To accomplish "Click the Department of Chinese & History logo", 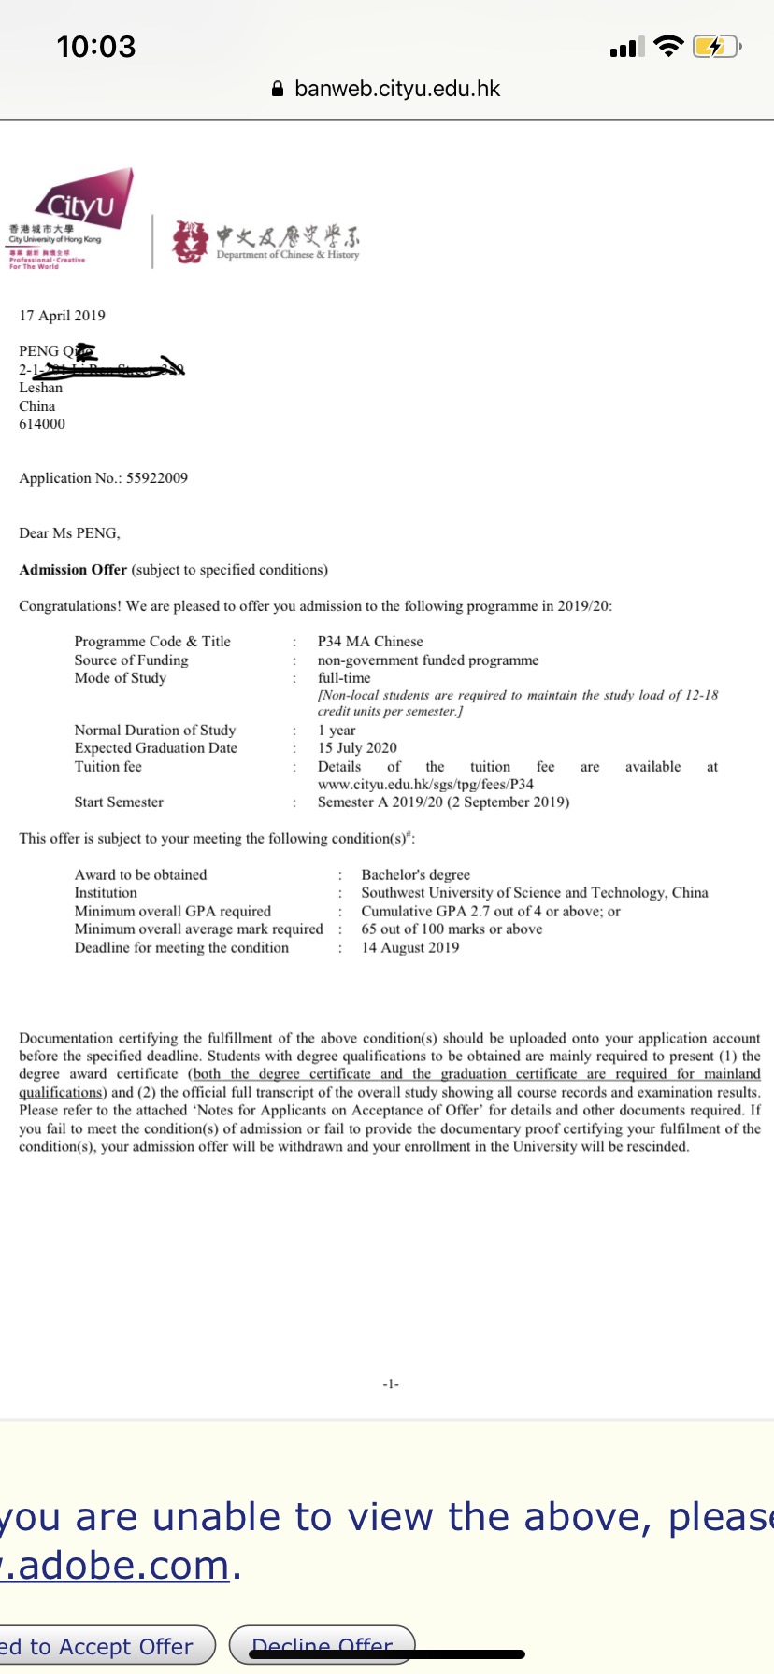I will pos(265,241).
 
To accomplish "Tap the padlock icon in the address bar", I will pos(278,90).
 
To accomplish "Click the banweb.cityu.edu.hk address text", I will pos(397,89).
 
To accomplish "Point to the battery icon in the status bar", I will pos(715,47).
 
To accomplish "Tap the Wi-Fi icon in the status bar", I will pos(668,47).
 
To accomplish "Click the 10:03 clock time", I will pos(96,47).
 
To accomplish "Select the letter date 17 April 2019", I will pos(63,316).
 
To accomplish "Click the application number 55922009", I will pos(157,478).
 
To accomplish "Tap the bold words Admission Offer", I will pos(73,570).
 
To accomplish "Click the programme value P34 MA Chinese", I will pos(370,642).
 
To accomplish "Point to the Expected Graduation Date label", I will pos(156,748).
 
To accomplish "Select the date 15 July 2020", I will pos(357,748).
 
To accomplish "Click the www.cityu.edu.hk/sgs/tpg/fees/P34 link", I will pos(425,785).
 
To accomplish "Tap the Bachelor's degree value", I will pos(416,875).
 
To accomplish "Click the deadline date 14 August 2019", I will pos(410,948).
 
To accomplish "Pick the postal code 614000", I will pos(42,424).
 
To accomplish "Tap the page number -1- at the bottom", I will pos(391,1384).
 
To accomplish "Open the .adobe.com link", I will pos(116,1566).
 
